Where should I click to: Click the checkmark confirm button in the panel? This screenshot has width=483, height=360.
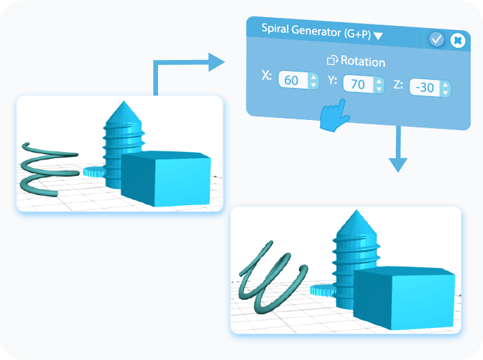coord(437,40)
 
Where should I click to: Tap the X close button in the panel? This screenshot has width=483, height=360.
coord(458,41)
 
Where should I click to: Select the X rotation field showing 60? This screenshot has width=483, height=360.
coord(292,80)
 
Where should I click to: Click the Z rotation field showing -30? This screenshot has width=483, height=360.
coord(424,88)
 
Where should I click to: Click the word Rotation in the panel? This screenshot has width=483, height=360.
coord(362,61)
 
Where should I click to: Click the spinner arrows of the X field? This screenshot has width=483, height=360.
coord(313,81)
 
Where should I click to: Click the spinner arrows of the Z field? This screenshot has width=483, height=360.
coord(445,89)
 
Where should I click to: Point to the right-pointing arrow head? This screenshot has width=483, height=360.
coord(217,62)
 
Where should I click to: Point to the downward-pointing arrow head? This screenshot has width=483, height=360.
coord(398,164)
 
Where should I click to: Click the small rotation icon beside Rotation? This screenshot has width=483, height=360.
coord(332,61)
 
